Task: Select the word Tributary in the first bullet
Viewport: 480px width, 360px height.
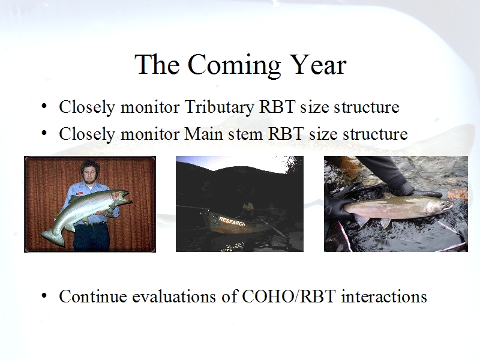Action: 219,108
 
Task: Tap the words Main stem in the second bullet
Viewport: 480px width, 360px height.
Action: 223,134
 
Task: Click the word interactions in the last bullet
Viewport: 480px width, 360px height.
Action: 384,296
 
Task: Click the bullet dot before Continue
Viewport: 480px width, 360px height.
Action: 44,296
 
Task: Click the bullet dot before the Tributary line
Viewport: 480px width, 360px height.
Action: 44,106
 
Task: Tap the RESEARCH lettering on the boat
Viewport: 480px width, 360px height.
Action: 232,221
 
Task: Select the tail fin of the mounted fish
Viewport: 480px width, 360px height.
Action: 53,237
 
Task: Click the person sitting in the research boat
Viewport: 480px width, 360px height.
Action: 248,209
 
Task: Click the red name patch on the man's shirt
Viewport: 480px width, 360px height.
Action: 80,193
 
